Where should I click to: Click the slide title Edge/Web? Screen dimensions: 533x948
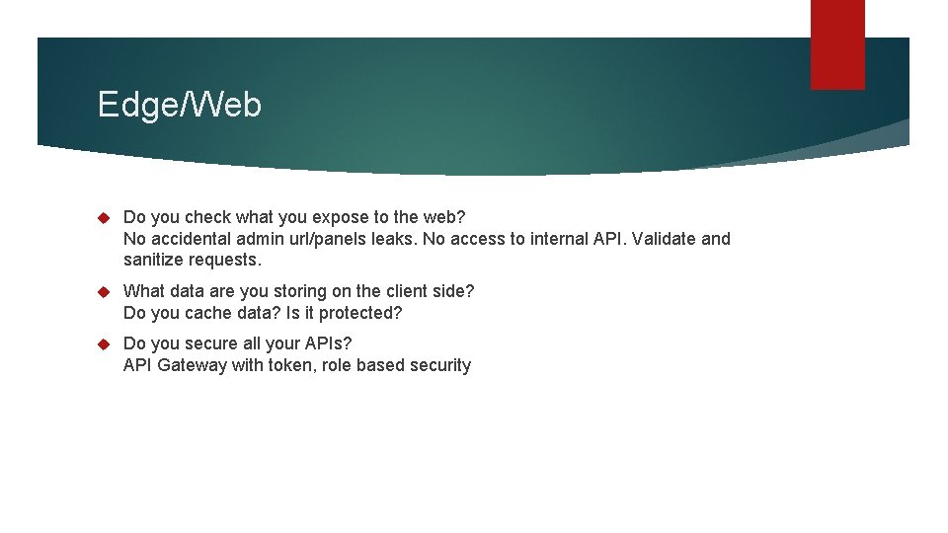coord(180,104)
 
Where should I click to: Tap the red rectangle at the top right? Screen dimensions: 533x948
coord(837,44)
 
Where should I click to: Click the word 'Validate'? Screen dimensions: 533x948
coord(664,239)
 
